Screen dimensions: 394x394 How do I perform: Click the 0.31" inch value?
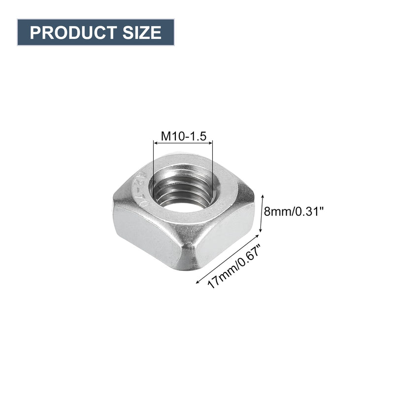(x=307, y=211)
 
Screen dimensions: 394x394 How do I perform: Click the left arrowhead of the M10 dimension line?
(x=156, y=143)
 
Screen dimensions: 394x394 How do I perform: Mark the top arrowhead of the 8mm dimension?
(x=259, y=194)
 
